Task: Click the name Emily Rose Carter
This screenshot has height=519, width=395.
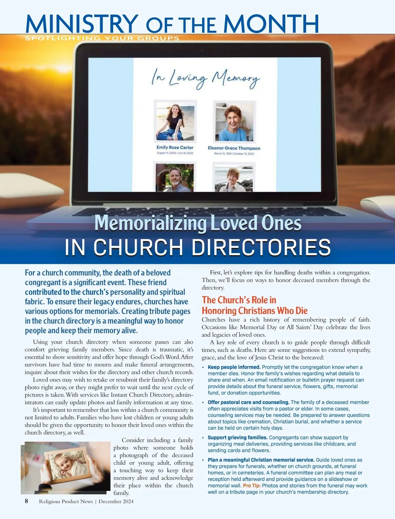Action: pos(175,147)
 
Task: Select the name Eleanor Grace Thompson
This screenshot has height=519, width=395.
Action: pos(234,148)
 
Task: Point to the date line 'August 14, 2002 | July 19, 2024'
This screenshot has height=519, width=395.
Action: pos(175,153)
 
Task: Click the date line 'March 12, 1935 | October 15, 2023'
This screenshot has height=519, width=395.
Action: pos(234,154)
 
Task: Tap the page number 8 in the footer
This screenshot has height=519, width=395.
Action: pos(26,501)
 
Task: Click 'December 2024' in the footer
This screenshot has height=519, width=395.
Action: pos(116,502)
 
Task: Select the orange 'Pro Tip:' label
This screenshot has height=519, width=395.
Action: pos(251,485)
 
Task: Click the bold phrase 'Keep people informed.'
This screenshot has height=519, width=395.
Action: pos(234,367)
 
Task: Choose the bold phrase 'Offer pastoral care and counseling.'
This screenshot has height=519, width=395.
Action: pos(249,402)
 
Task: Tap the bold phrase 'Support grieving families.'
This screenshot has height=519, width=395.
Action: pos(237,438)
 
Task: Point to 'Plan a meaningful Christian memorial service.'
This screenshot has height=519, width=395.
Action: pos(261,460)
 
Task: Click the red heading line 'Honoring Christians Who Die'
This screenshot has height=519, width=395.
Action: pos(254,311)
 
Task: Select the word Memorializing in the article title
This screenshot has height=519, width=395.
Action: pos(150,223)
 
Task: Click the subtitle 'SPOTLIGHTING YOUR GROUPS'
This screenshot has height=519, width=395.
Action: pos(102,38)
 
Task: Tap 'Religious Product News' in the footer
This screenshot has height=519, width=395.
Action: pos(66,502)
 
